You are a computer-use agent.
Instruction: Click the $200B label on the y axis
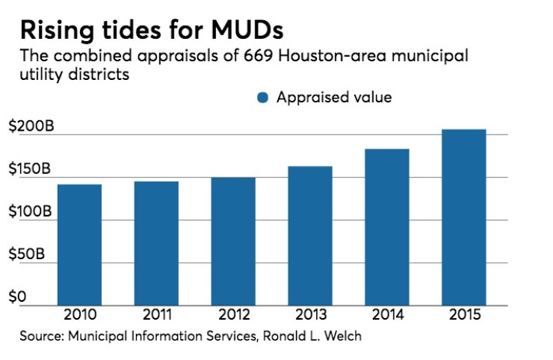point(31,126)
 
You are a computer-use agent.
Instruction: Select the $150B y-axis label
point(31,169)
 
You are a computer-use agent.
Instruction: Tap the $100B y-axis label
point(31,211)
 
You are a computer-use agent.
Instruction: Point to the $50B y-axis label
point(27,254)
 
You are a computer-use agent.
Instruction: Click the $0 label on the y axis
point(18,297)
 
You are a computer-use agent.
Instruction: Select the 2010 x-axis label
point(79,314)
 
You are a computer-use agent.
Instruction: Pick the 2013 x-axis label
point(310,314)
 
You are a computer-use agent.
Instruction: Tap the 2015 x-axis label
point(463,314)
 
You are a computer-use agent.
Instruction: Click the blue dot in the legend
point(262,98)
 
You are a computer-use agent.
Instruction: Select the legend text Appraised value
point(334,97)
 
